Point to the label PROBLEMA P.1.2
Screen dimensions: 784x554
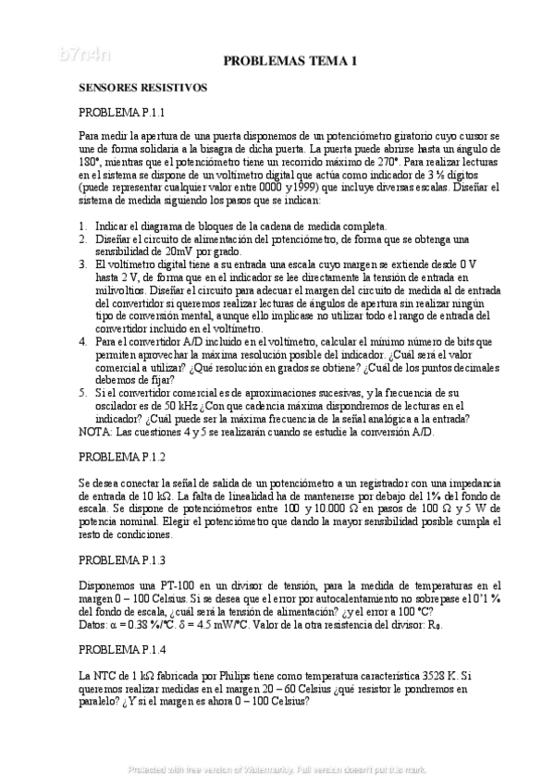click(x=121, y=457)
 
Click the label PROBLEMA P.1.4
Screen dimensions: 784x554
click(x=121, y=650)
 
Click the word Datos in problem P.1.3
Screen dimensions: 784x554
click(x=94, y=624)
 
